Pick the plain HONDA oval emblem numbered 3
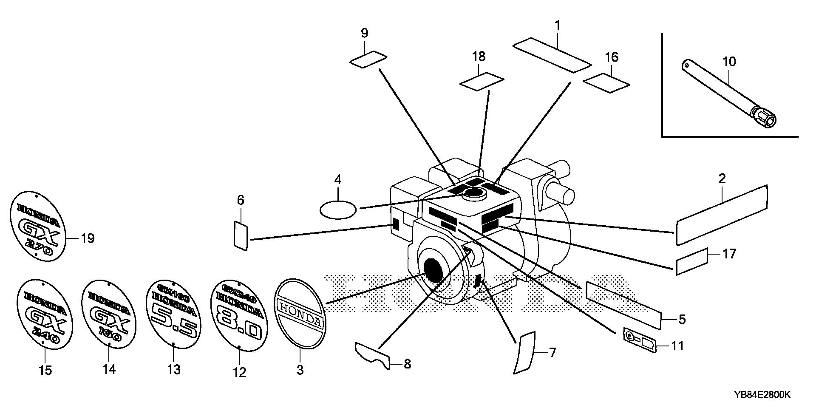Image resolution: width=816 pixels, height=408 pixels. (300, 314)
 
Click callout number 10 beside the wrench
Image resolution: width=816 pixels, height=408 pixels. (729, 62)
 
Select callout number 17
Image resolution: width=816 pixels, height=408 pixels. (729, 254)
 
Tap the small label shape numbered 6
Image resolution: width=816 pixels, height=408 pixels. (241, 235)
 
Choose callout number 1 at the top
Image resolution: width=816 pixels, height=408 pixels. (557, 25)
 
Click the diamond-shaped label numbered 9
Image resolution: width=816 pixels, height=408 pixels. (368, 59)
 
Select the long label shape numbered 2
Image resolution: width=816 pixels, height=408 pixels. (722, 215)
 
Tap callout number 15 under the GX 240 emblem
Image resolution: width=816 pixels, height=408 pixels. (45, 371)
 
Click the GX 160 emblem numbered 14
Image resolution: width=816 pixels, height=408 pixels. (109, 314)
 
